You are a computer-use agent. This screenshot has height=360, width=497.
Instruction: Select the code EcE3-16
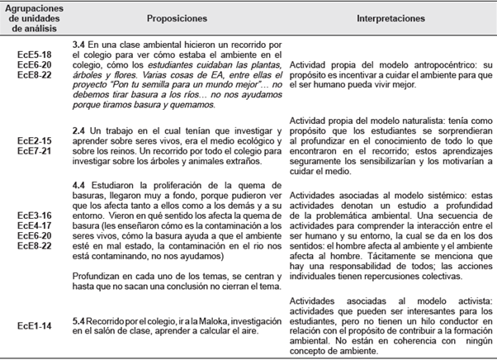pos(34,214)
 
